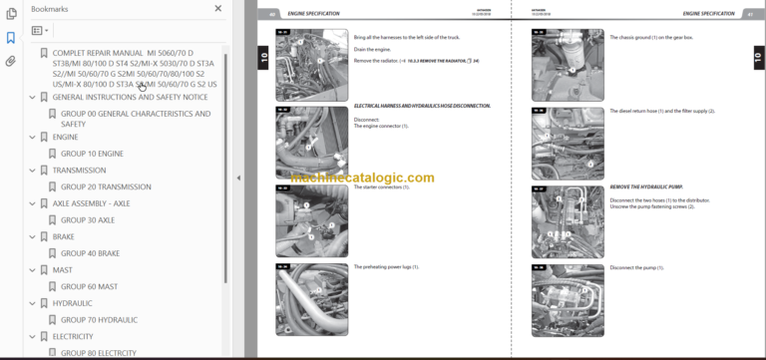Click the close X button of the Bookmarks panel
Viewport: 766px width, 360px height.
point(218,8)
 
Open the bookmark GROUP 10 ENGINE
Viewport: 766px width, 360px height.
point(92,154)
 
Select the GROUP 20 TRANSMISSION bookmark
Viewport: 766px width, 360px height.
point(106,186)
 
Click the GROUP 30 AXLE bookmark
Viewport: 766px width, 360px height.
point(88,219)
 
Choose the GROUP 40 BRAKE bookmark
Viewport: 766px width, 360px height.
point(90,253)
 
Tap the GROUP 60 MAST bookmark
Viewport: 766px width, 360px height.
point(89,286)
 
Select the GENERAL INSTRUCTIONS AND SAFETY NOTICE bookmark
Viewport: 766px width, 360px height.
point(130,98)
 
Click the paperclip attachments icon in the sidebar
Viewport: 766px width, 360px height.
point(10,61)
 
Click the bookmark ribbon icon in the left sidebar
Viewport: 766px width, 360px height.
point(10,38)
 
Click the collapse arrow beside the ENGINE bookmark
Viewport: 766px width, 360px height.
point(32,137)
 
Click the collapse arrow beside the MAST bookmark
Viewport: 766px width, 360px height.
point(32,269)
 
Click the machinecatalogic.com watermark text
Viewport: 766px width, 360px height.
point(362,179)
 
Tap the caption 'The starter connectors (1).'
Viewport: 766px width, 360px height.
point(382,187)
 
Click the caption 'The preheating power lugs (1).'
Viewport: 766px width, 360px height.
point(386,266)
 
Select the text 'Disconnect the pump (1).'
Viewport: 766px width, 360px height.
point(639,266)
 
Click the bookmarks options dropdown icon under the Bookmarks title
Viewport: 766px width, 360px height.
point(40,31)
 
